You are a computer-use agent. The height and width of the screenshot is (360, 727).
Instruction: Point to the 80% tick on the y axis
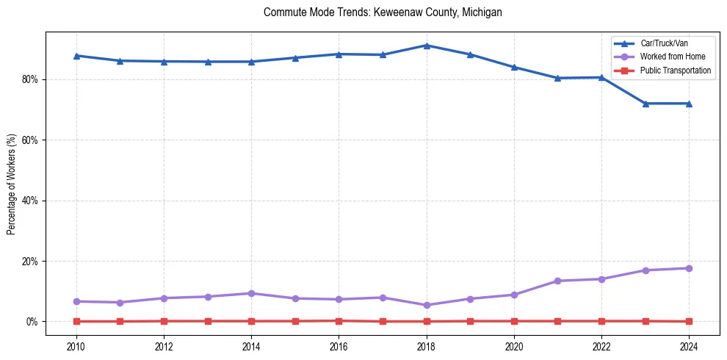tap(31, 79)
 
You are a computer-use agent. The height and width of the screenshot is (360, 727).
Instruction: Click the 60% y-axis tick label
tap(31, 140)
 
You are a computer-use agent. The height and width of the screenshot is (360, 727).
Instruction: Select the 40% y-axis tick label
tap(31, 201)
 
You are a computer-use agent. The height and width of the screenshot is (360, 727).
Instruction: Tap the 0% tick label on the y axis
tap(33, 322)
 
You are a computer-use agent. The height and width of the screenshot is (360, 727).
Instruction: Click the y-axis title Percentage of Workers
tap(12, 184)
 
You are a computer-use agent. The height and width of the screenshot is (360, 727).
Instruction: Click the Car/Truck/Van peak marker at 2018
tap(427, 46)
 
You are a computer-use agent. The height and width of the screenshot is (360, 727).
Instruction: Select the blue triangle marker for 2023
tap(645, 104)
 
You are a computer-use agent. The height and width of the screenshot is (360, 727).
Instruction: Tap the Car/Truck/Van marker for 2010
tap(76, 56)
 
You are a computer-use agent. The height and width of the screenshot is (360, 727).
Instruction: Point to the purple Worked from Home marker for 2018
tap(427, 305)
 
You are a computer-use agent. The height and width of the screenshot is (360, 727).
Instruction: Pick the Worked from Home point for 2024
tap(689, 268)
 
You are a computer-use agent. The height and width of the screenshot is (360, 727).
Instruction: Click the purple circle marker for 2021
tap(557, 281)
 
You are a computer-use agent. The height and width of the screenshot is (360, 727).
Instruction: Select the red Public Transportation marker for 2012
tap(164, 321)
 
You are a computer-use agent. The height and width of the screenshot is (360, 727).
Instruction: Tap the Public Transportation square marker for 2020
tap(514, 321)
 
